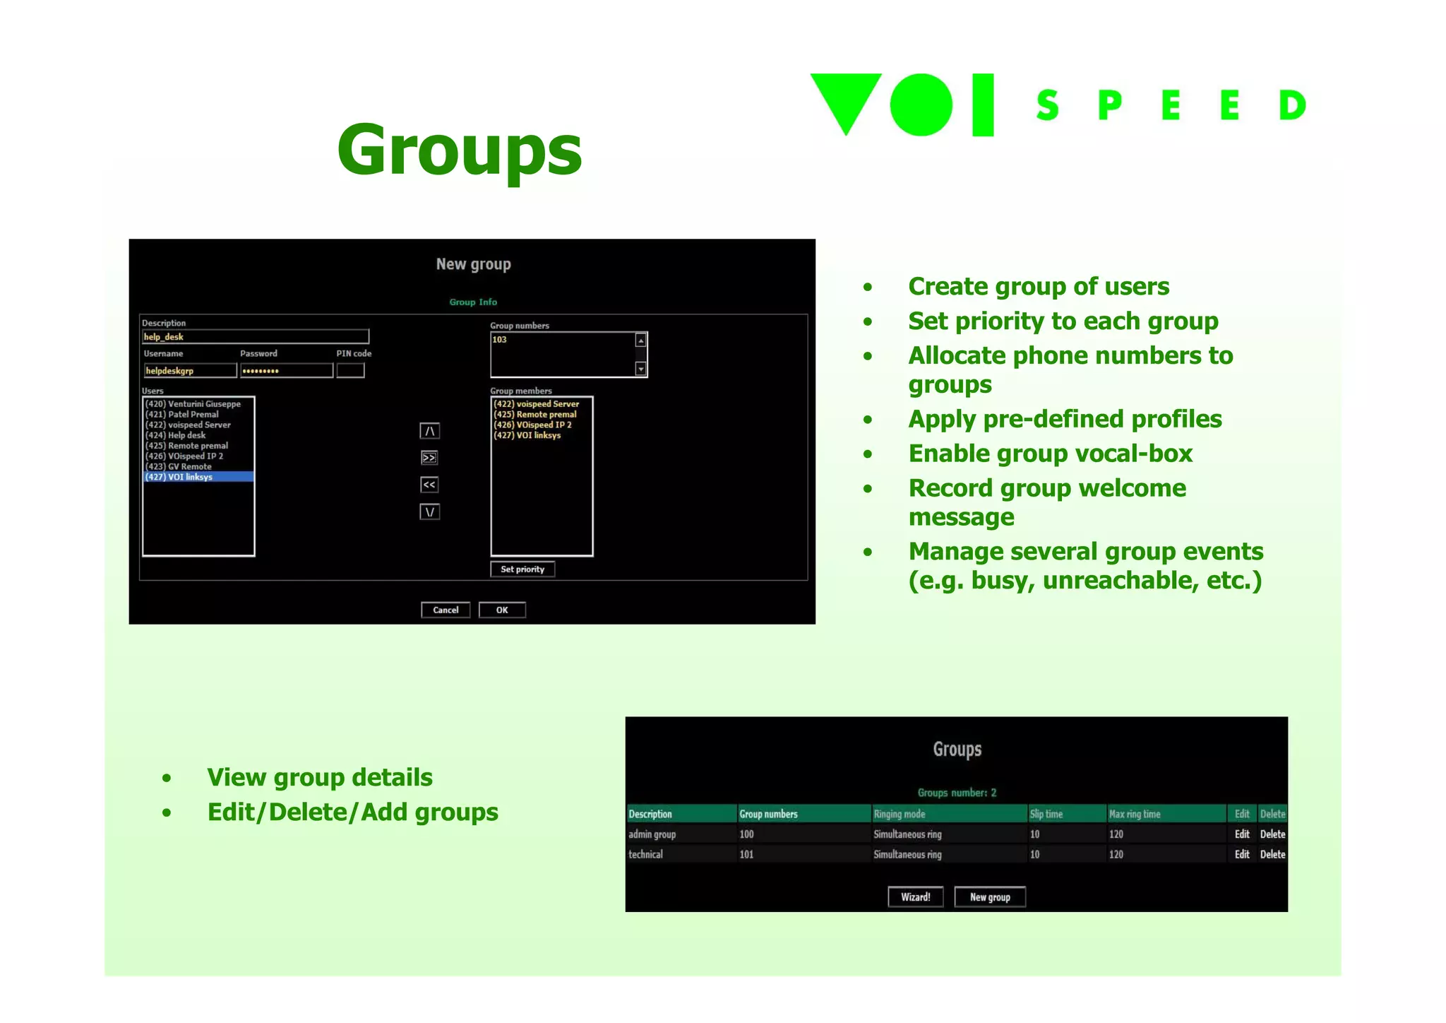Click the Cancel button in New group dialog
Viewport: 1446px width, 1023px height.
point(445,610)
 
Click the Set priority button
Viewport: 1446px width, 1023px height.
point(522,569)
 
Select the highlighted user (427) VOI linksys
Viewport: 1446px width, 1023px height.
point(198,477)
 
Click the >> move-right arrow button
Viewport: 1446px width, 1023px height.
point(429,458)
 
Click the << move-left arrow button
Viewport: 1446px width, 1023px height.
point(429,485)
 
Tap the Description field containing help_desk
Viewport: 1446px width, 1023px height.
point(255,337)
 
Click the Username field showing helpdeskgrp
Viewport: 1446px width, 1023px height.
point(189,370)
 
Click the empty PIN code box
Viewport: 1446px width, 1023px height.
point(350,370)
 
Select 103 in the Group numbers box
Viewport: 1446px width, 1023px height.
point(500,340)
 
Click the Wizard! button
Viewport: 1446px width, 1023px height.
point(915,897)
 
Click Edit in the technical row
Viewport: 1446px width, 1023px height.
point(1242,854)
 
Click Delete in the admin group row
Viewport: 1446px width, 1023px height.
point(1272,834)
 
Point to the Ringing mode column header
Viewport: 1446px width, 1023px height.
point(900,814)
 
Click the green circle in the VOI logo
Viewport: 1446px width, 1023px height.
point(921,105)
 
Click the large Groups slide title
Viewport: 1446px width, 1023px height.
point(460,150)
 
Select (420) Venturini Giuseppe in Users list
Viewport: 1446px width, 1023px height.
point(193,404)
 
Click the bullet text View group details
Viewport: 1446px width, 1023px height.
point(320,777)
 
